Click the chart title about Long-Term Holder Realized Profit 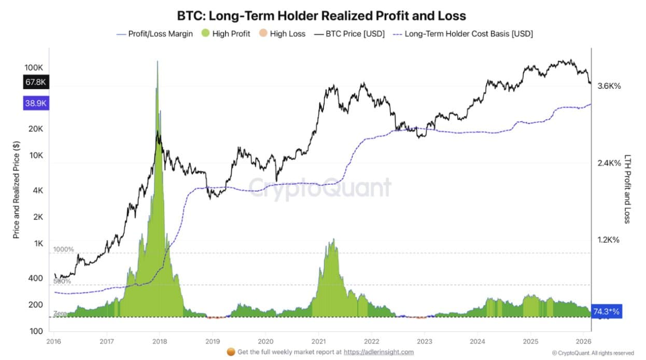click(321, 16)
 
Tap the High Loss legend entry click(282, 34)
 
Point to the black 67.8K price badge click(36, 81)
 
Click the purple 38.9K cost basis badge click(36, 103)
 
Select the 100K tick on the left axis click(34, 68)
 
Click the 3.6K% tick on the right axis click(609, 86)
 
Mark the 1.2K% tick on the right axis click(609, 240)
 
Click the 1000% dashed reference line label click(64, 250)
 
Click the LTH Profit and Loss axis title click(627, 189)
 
